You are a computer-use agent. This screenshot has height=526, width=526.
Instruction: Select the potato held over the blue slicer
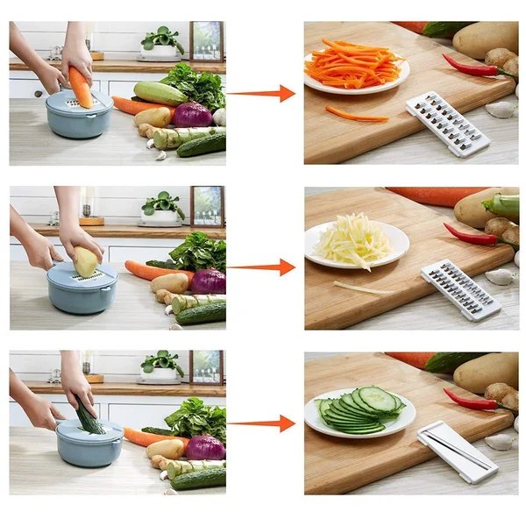[85, 261]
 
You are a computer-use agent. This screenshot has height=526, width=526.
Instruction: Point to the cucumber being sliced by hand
[89, 416]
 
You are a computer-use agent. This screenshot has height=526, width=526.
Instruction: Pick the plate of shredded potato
[355, 243]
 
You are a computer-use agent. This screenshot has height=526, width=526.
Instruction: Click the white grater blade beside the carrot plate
[446, 123]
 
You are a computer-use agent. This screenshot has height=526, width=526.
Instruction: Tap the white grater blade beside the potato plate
[459, 290]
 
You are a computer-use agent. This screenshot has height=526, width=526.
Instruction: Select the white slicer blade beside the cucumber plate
[457, 451]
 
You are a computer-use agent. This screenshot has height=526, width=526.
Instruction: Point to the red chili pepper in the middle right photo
[470, 234]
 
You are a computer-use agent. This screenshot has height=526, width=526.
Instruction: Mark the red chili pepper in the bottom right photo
[470, 400]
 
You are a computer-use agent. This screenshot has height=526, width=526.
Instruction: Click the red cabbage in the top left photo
[192, 115]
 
